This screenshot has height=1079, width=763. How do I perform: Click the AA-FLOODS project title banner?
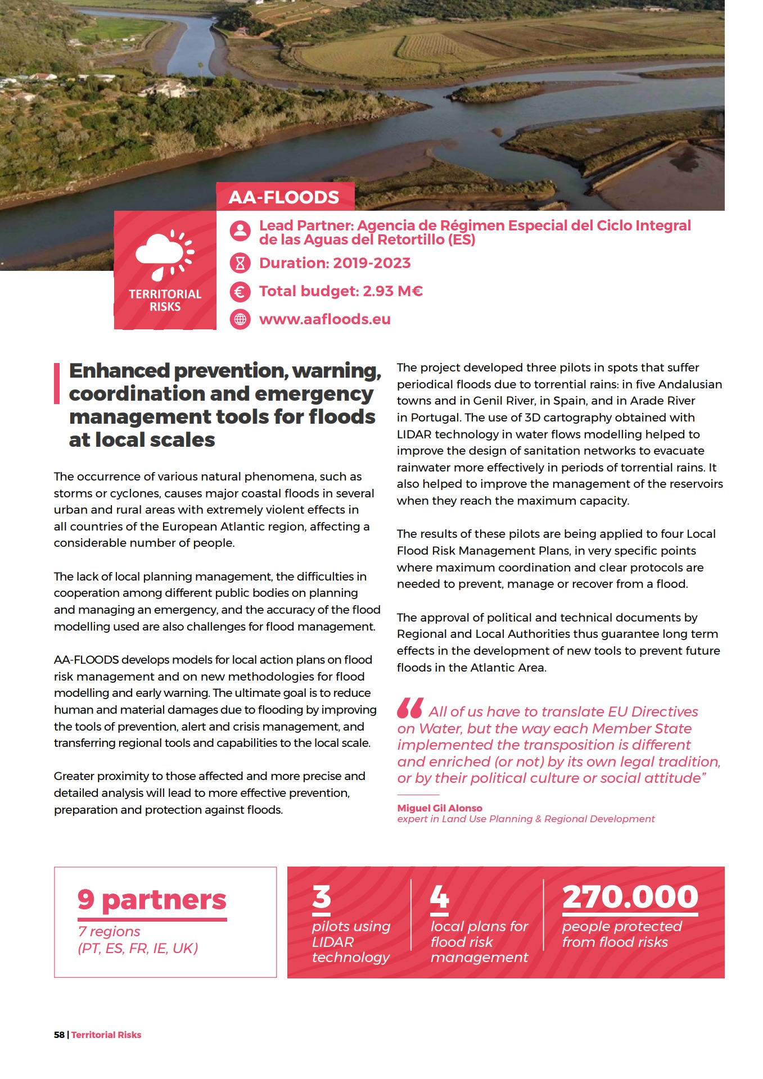(x=285, y=197)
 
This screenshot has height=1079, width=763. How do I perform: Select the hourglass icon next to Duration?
(x=240, y=262)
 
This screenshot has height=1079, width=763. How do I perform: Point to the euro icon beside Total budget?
(x=240, y=291)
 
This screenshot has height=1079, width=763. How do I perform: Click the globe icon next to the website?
(x=240, y=319)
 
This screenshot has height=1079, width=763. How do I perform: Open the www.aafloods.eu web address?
(x=324, y=319)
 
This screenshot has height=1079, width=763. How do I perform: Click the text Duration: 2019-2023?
(x=335, y=263)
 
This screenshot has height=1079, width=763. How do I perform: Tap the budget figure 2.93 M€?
(x=392, y=291)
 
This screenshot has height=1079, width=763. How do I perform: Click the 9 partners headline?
(x=152, y=900)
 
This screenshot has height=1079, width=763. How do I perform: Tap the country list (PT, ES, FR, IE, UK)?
(x=138, y=948)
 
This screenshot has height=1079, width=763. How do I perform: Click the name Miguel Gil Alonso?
(x=440, y=808)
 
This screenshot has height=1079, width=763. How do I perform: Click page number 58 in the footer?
(x=59, y=1035)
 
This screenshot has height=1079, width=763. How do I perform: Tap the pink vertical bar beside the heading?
(x=57, y=383)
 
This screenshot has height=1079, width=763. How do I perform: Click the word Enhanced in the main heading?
(x=119, y=371)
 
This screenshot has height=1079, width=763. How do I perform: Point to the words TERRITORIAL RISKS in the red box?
(x=165, y=300)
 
